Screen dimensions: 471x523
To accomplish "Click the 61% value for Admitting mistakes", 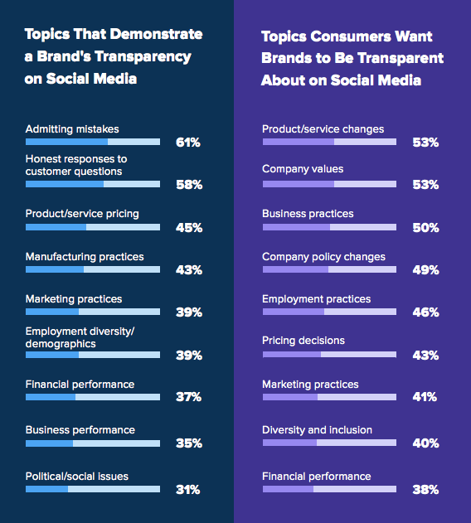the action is click(x=188, y=143).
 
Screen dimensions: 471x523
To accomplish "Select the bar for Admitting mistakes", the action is click(x=93, y=142).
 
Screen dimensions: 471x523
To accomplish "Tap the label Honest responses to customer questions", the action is click(x=76, y=165).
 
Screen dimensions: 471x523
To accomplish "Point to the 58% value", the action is click(x=189, y=185).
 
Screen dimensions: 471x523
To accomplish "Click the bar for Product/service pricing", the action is click(x=93, y=227).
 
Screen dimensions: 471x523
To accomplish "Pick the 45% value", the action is click(x=189, y=228).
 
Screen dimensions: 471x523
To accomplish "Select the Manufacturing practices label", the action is click(x=85, y=257).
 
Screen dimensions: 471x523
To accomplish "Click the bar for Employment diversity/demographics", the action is click(x=93, y=355).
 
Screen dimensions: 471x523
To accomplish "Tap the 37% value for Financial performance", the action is click(x=188, y=397).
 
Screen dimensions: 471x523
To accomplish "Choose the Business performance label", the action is click(x=80, y=430).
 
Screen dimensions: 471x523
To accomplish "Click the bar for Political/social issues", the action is click(x=93, y=489).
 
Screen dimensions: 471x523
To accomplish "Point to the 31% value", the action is click(x=188, y=490).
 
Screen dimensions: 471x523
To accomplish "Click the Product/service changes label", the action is click(x=323, y=129).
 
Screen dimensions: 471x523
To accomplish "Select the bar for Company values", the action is click(x=329, y=184).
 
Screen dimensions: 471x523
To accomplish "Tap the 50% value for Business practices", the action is click(x=425, y=228).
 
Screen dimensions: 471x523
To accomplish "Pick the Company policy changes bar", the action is click(x=329, y=269).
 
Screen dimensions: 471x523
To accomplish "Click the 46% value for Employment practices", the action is click(x=425, y=312).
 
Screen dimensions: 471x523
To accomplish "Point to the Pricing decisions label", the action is click(x=303, y=341).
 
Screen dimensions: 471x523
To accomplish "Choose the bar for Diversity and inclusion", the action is click(x=329, y=443).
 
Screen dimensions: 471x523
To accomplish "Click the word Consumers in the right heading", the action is click(x=351, y=36).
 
